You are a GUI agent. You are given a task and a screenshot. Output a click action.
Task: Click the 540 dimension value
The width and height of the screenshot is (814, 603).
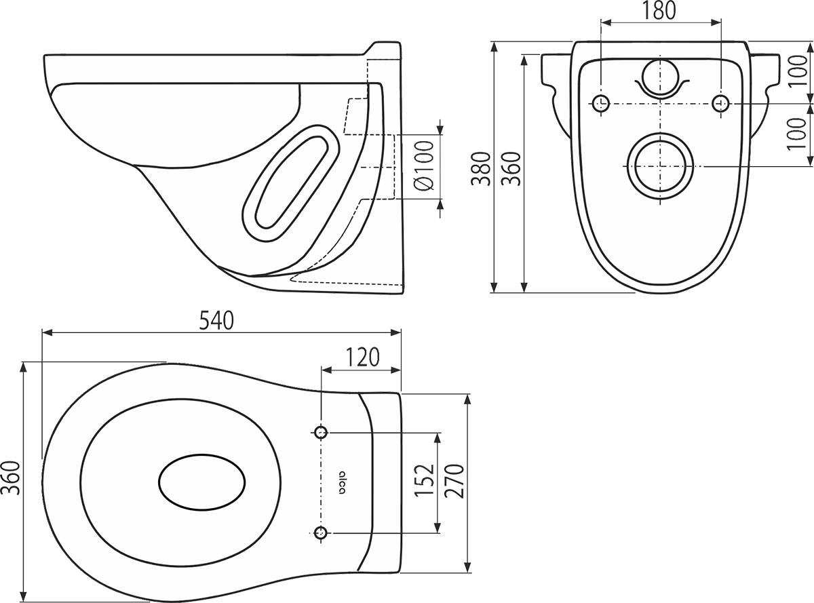click(x=216, y=320)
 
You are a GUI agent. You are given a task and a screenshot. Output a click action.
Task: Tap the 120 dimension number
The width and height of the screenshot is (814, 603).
click(x=362, y=357)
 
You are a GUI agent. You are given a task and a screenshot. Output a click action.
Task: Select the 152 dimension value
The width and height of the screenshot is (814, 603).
click(x=424, y=480)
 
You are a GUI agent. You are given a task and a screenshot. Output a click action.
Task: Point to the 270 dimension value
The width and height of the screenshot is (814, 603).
click(x=454, y=481)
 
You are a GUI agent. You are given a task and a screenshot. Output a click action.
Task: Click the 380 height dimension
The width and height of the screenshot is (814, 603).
click(x=481, y=168)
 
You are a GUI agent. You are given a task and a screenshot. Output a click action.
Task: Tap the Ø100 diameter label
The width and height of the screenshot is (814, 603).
click(x=424, y=166)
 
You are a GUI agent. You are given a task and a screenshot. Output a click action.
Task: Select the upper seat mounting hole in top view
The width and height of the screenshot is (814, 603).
click(x=321, y=432)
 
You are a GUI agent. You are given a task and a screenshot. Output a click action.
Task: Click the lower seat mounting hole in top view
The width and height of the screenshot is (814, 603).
click(x=321, y=532)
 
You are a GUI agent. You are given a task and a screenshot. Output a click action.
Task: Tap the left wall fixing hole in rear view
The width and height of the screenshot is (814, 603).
click(x=601, y=104)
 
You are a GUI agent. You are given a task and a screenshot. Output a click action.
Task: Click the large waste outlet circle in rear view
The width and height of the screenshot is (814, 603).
click(x=661, y=167)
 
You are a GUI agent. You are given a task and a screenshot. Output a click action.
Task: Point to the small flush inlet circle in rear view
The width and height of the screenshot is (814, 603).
click(x=660, y=77)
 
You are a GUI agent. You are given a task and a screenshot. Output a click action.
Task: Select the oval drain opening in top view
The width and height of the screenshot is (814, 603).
click(x=202, y=482)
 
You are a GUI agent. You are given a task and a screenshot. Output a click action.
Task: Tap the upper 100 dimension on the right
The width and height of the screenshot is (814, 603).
click(x=798, y=71)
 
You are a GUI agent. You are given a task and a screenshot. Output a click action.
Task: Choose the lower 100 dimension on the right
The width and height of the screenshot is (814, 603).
click(x=796, y=134)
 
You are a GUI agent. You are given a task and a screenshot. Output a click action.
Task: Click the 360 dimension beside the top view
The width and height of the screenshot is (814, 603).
click(x=11, y=478)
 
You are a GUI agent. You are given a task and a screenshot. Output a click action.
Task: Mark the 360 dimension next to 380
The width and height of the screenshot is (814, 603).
click(x=511, y=168)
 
